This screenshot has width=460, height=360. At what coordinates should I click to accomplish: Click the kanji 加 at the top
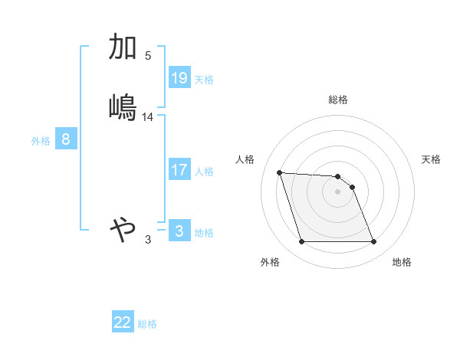coord(123,47)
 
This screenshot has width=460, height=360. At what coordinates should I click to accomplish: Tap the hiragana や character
coord(123,228)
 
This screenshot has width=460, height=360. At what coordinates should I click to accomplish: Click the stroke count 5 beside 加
coord(148,56)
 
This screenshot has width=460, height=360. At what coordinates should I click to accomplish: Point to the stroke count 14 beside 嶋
coord(148,117)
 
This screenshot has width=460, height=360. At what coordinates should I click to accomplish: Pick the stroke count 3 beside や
coord(148,240)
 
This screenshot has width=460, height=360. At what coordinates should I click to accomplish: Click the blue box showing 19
coord(179,78)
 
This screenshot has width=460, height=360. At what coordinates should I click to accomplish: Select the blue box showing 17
coord(179,170)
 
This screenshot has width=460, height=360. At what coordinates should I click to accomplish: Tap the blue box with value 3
coord(179,231)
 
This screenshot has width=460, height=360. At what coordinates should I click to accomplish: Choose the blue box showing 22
coord(123,322)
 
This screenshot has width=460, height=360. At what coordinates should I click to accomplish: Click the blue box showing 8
coord(66,139)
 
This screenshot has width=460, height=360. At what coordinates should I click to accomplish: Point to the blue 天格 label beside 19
coord(204,80)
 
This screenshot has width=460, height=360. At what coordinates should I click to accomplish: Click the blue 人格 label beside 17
coord(204,172)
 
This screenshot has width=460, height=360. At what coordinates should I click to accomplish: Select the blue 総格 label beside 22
coord(147,324)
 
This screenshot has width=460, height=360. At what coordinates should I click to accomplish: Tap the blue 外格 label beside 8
coord(41,141)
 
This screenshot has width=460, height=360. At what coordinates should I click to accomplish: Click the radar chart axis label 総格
coord(338,100)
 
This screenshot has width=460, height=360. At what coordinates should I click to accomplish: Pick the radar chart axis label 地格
coord(402,263)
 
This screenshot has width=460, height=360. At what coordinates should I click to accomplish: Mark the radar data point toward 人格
coord(279,172)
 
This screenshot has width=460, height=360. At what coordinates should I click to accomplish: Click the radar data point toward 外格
coord(301,242)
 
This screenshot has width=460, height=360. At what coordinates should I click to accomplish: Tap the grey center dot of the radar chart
coord(338,191)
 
